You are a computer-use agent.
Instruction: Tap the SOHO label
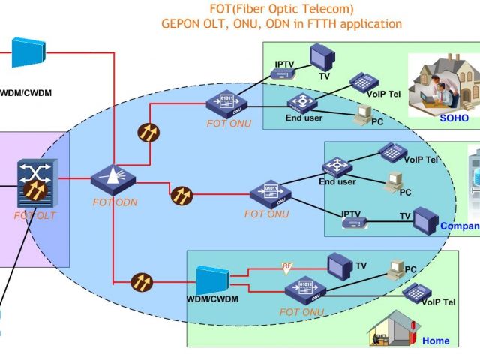click(454, 118)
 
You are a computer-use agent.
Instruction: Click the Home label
click(436, 340)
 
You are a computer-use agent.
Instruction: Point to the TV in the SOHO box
click(323, 57)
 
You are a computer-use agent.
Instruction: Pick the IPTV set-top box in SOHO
click(283, 73)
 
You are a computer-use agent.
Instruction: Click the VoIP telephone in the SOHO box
click(362, 80)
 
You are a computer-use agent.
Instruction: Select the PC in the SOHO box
click(364, 114)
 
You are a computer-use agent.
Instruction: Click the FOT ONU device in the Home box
click(301, 289)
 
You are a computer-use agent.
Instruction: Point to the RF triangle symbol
click(286, 266)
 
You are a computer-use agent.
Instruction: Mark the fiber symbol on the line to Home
click(141, 282)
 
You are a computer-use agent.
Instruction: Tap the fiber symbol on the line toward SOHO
click(148, 132)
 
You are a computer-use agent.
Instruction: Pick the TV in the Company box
click(425, 220)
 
